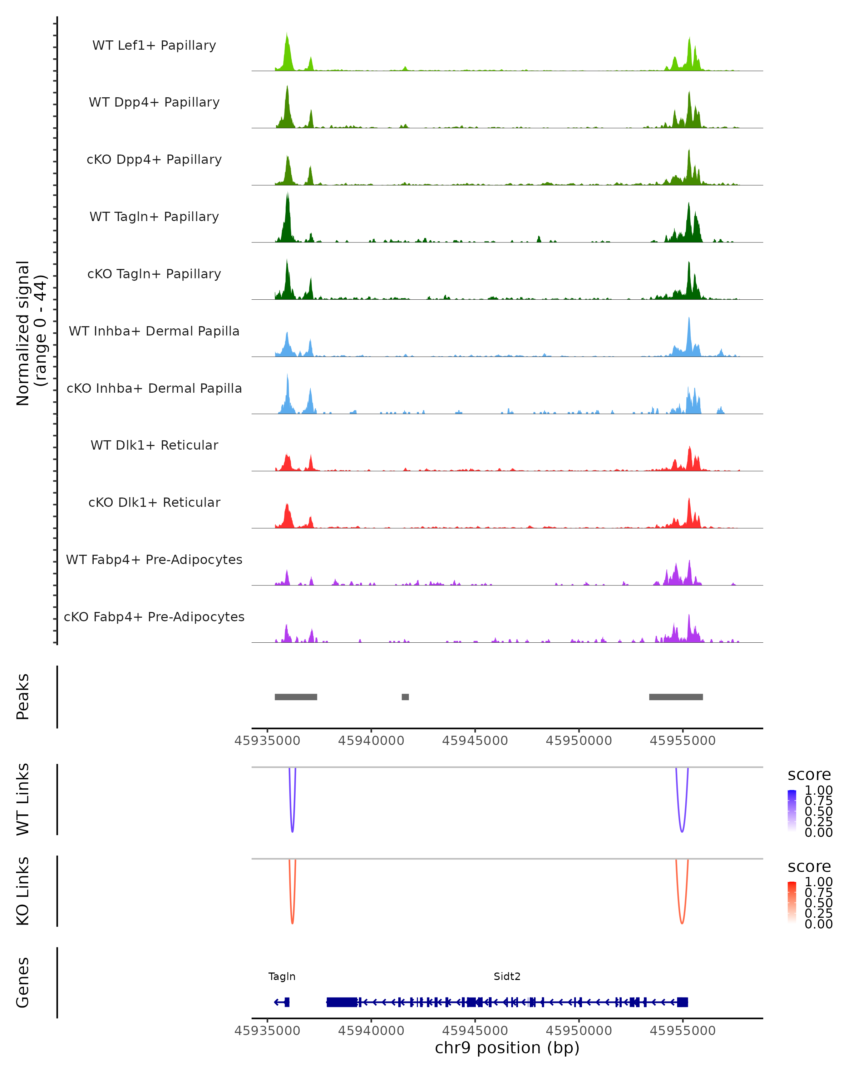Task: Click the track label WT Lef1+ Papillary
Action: tap(154, 45)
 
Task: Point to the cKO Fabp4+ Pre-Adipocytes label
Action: tap(154, 617)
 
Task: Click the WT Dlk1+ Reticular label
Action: tap(154, 445)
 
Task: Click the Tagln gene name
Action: tap(282, 976)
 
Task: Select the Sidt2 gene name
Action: tap(507, 976)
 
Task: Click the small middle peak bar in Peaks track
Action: tap(405, 697)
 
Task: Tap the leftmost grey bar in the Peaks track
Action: tap(296, 697)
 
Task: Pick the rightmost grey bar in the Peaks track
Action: tap(676, 697)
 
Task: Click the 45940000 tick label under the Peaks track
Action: tap(371, 741)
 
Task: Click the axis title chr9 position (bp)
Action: tap(507, 1048)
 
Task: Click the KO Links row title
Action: tap(23, 891)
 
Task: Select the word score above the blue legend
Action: tap(809, 775)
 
